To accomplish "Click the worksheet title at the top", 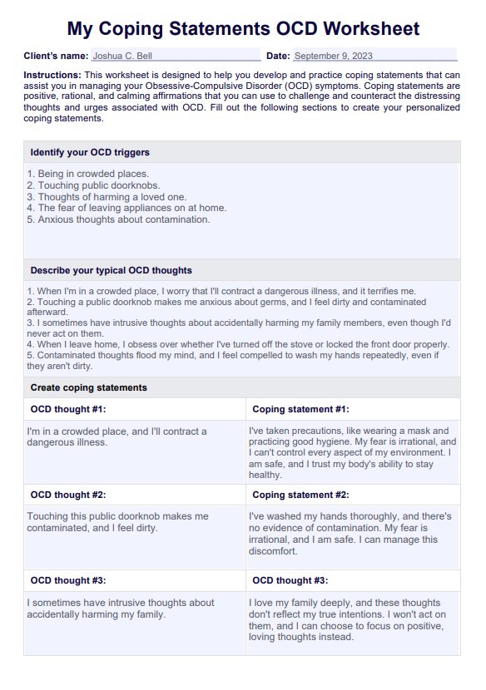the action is [x=243, y=29].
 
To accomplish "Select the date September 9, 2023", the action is [x=333, y=57].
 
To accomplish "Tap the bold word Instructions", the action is [x=52, y=75].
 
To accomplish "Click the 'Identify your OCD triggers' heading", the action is [x=90, y=152].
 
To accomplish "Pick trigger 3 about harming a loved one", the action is [x=107, y=197].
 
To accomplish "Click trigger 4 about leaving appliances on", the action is [x=126, y=208].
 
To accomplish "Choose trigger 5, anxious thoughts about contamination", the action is [x=118, y=219].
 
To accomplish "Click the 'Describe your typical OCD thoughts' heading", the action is [x=111, y=270].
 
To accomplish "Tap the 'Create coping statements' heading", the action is [x=88, y=387].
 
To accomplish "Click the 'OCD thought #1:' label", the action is [x=68, y=409].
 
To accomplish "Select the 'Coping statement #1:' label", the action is [x=300, y=409].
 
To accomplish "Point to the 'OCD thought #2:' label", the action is [x=68, y=495].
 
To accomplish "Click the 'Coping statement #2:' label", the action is [x=300, y=495].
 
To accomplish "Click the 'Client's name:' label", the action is [x=56, y=57].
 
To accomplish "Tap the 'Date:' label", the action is [x=278, y=57].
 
